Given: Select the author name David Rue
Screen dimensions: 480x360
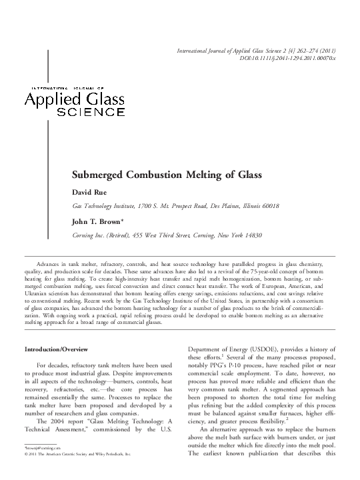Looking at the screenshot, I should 90,192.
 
